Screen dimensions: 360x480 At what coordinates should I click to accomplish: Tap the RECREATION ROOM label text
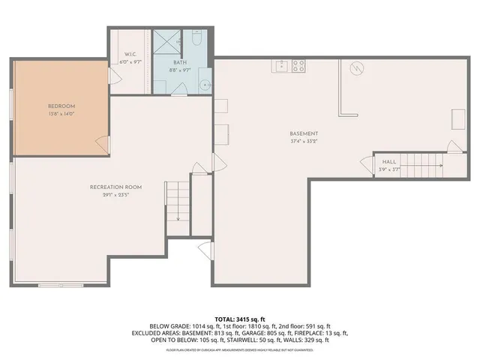[116, 187]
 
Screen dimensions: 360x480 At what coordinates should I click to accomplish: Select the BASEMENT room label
[304, 133]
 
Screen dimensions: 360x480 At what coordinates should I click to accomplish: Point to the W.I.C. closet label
[130, 54]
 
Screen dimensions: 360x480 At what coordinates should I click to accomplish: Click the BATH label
[176, 63]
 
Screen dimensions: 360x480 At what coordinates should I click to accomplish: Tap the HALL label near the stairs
[389, 161]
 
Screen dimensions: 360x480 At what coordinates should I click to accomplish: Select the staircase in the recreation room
[177, 202]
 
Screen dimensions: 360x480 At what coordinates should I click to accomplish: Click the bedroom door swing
[102, 142]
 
